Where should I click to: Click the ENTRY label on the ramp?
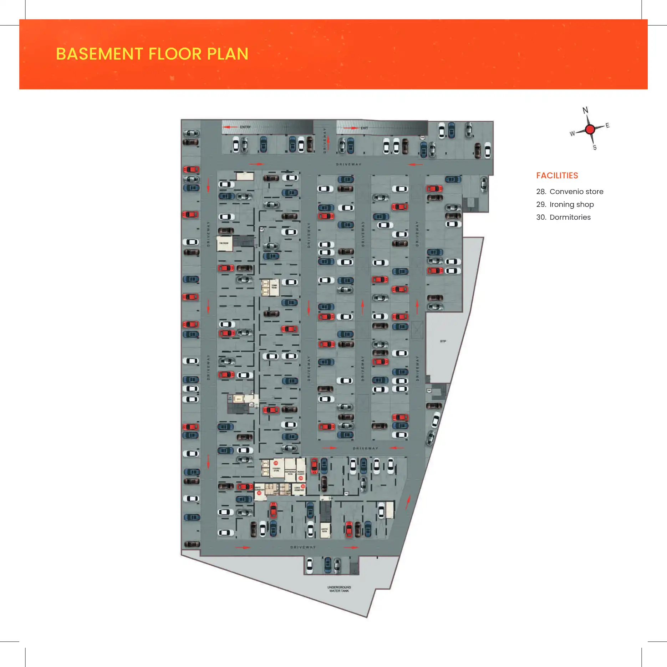point(245,127)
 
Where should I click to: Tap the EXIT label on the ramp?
point(364,128)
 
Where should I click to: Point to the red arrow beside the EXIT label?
point(351,128)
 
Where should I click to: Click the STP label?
point(443,341)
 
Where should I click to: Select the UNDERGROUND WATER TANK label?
point(339,589)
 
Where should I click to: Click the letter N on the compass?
point(585,110)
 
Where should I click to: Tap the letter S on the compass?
point(595,148)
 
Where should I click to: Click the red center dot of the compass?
point(590,129)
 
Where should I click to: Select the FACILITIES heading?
point(557,175)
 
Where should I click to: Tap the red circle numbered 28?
point(276,463)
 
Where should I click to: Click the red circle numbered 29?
point(301,478)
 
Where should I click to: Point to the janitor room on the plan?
point(325,530)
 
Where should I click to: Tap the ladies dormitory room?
point(299,489)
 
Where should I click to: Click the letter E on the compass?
point(607,125)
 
